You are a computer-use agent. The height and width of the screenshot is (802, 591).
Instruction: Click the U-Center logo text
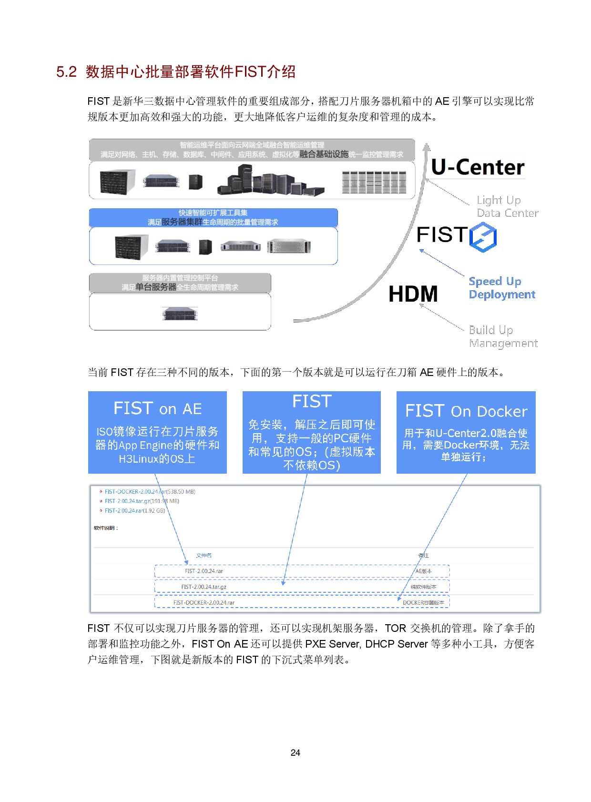coord(478,167)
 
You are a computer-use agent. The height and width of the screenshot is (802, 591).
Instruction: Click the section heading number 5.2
coord(66,72)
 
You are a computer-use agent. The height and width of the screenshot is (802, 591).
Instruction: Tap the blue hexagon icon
coord(483,237)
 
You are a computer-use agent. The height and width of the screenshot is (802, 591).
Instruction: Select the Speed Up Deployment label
coord(502,288)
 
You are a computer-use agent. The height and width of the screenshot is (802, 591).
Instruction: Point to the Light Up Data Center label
coord(507,206)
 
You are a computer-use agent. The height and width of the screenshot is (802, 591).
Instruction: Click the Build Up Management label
coord(503,336)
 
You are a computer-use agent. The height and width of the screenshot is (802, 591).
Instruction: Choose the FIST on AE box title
coord(157,408)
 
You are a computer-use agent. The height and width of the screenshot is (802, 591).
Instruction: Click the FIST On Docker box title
coord(466,411)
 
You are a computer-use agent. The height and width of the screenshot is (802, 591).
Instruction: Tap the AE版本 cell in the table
coord(423,571)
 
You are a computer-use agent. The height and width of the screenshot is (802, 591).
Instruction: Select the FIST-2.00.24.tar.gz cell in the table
coord(204,587)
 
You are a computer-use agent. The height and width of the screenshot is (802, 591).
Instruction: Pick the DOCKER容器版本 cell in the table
coord(423,603)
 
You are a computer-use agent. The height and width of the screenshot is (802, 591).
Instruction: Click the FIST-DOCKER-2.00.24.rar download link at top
coord(135,491)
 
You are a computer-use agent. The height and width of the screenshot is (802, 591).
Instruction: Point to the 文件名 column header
coord(204,555)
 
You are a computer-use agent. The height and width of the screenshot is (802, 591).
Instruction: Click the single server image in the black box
coord(180,314)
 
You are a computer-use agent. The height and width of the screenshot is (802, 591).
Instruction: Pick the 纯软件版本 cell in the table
coord(423,587)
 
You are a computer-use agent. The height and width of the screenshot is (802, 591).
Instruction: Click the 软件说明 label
coord(105,528)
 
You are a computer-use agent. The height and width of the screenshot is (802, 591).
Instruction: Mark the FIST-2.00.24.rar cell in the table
coord(204,571)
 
